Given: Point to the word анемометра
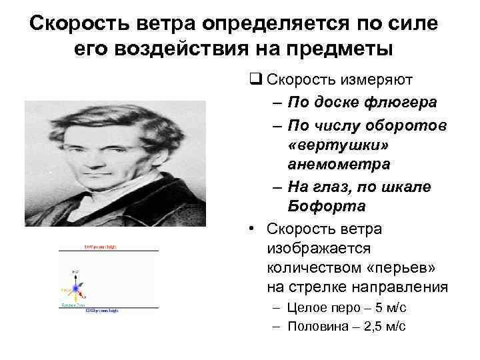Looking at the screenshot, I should pos(338,164).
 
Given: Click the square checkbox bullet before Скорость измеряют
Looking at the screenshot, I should pos(254,81).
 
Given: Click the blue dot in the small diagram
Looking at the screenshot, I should pos(75,287).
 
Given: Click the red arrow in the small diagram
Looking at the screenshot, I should pos(82,293).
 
